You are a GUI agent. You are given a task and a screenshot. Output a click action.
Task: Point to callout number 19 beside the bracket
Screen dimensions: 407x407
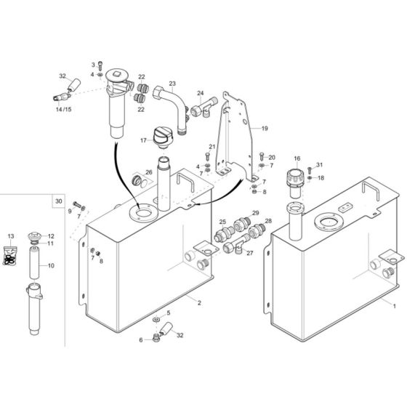tap(265, 128)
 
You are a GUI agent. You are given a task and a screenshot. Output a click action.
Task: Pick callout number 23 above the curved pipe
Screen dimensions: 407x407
tap(172, 84)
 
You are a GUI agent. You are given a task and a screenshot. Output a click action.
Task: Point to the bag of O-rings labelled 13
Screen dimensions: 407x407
tap(10, 258)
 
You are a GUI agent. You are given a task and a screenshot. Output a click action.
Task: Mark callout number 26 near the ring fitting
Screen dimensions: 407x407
tap(148, 172)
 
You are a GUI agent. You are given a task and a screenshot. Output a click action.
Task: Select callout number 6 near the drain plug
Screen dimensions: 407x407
tap(141, 339)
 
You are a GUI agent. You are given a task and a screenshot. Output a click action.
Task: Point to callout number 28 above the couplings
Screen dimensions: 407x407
tap(267, 220)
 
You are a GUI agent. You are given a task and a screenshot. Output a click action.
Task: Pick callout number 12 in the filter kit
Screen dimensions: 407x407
tap(51, 236)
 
